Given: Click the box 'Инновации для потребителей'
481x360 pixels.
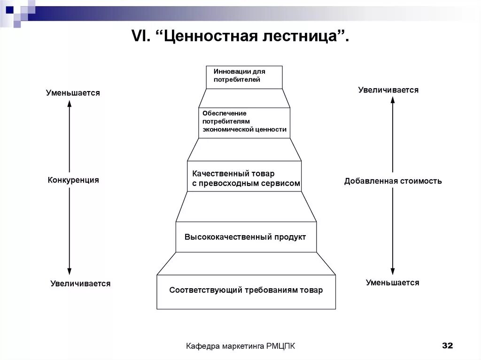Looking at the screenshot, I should coord(244,77).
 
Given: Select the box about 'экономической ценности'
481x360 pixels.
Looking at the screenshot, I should coord(244,123).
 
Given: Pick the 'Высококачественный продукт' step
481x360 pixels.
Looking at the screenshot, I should coord(245,237).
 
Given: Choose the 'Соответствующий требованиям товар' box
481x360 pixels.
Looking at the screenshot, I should coord(246,291).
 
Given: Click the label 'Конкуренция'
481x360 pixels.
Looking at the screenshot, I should coord(73,180).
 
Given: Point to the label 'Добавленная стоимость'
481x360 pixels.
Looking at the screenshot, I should coord(393,181).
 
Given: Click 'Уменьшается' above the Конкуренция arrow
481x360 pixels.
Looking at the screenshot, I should coord(73,93).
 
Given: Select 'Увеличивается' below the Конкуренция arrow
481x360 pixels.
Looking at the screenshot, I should coord(80,283).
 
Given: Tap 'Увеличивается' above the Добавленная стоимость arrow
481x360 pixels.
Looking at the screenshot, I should coord(388,90).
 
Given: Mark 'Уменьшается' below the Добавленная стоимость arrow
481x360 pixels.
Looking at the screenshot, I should coord(393,283).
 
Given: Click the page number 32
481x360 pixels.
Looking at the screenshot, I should coord(447,345).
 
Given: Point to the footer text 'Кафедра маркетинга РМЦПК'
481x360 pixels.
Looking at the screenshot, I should coord(240,346).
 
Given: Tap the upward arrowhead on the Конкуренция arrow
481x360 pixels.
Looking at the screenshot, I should coord(69,104).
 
